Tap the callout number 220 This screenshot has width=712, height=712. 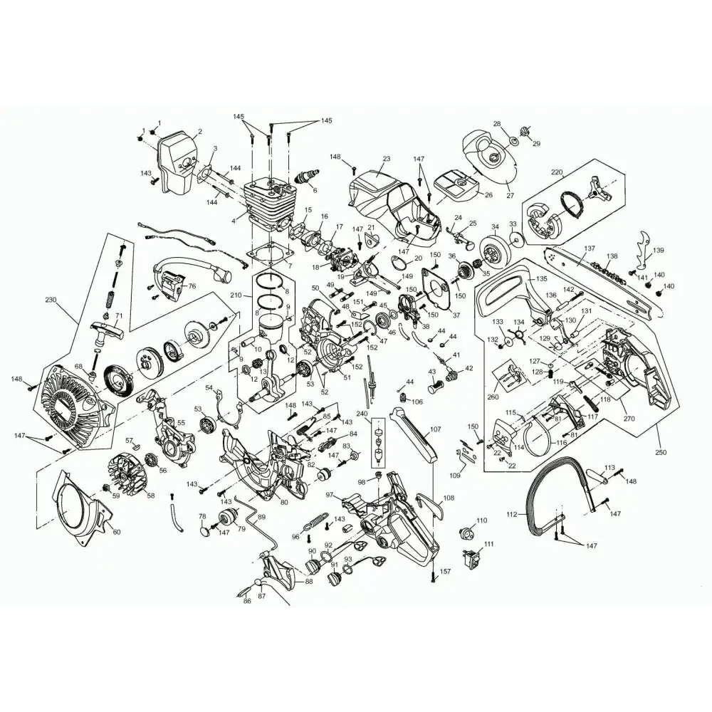[556, 172]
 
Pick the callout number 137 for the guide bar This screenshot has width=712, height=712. [589, 248]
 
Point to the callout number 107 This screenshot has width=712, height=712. [435, 429]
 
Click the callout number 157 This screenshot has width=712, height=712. [445, 572]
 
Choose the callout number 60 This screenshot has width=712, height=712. [117, 531]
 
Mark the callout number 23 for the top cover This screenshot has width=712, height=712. [387, 159]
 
